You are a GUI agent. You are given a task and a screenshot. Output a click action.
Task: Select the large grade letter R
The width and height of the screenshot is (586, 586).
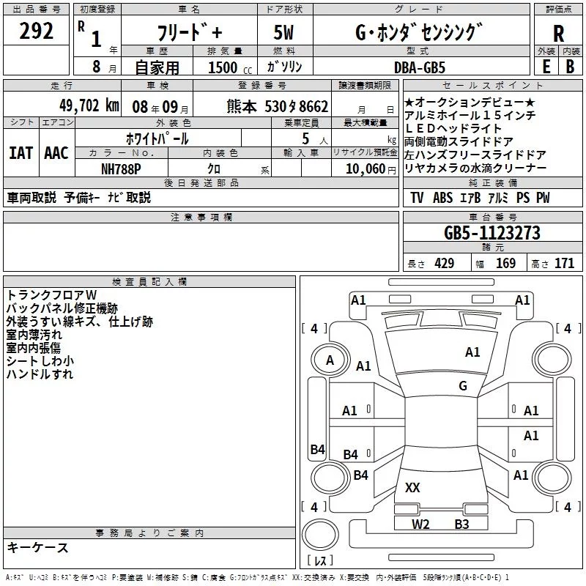[x=558, y=34]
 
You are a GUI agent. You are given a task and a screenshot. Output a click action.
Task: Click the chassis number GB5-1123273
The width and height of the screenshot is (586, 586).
[x=492, y=233]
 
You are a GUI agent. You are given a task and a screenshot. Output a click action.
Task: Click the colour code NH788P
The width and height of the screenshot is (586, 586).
[x=121, y=168]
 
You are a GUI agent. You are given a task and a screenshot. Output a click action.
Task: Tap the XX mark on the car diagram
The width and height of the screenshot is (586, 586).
[x=413, y=487]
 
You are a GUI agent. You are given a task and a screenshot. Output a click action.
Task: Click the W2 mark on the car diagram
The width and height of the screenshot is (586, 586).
[x=420, y=524]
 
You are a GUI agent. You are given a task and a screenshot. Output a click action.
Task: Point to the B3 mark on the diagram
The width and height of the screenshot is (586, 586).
[x=461, y=524]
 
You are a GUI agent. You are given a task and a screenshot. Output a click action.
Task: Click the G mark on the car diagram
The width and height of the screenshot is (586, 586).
[x=463, y=386]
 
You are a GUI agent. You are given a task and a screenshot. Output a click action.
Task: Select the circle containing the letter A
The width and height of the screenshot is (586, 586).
[x=330, y=360]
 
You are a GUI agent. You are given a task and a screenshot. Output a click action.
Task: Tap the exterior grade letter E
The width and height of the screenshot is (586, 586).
[x=546, y=67]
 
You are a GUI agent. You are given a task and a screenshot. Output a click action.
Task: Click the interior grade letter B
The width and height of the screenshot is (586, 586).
[x=570, y=67]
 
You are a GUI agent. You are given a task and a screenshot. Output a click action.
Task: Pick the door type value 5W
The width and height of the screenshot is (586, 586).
[x=284, y=33]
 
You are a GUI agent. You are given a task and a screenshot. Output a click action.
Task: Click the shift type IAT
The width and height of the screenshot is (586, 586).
[x=21, y=152]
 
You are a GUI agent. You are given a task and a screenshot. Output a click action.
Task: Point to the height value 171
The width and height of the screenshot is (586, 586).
[x=564, y=264]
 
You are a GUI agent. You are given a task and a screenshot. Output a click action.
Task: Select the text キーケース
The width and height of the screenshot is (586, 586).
[x=37, y=548]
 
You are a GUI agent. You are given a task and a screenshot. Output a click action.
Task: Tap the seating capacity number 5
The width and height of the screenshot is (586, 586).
[x=304, y=138]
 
